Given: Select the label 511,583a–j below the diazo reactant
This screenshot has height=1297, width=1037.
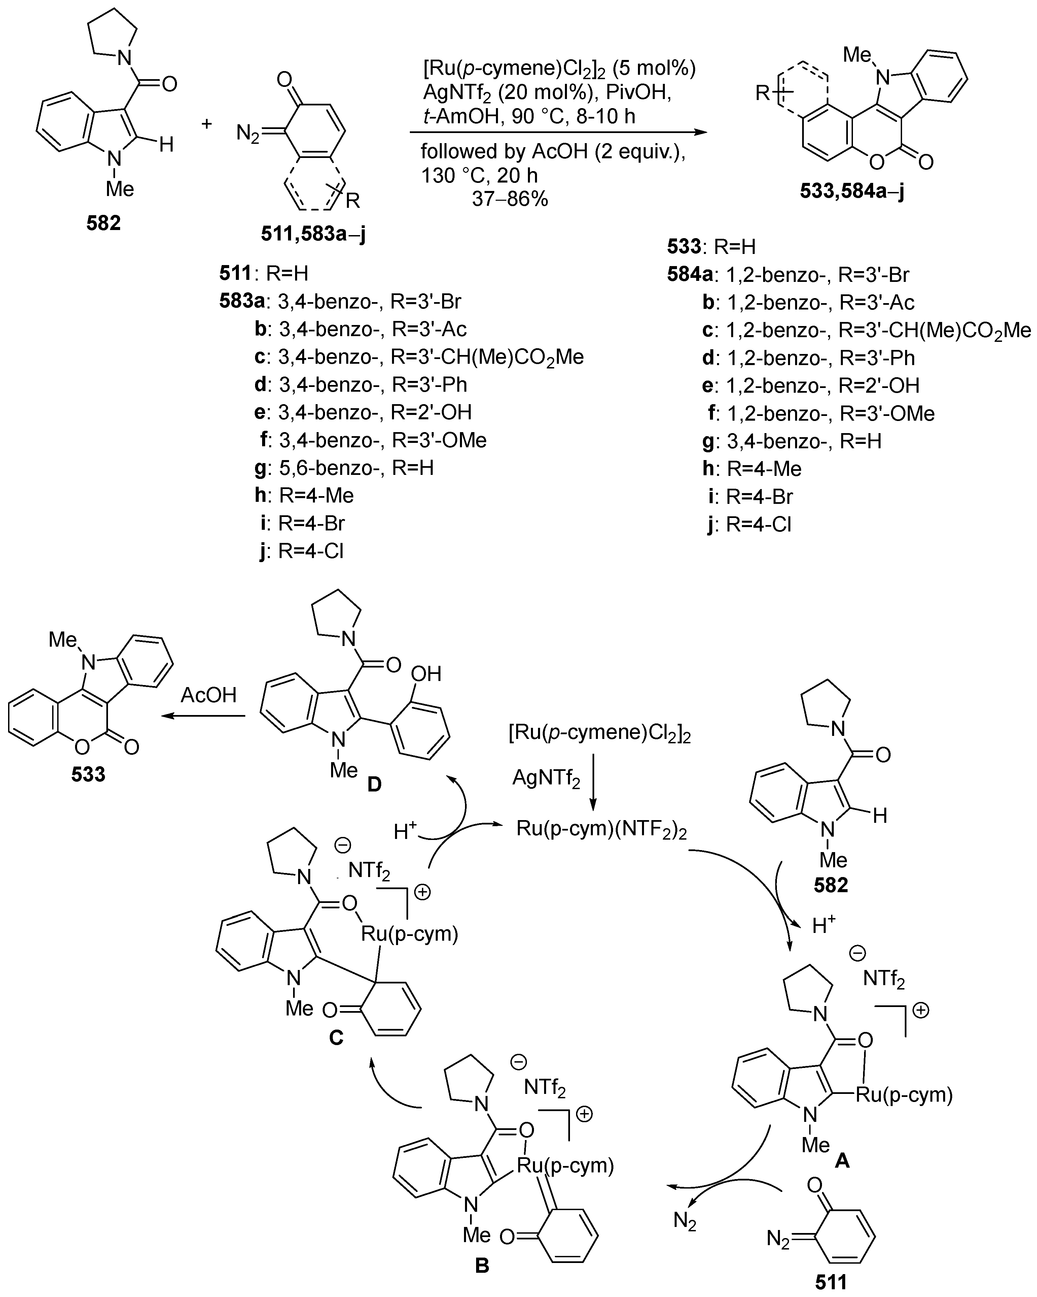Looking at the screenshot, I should click(313, 234).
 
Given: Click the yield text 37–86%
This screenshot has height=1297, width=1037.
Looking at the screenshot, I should click(510, 198).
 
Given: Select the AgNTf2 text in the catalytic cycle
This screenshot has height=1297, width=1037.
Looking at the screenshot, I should click(546, 778).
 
